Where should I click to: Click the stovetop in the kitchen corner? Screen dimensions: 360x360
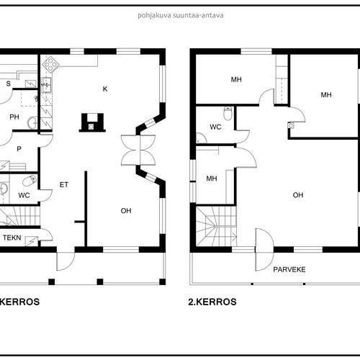pos(50,64)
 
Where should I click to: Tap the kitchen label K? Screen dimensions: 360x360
pos(105,89)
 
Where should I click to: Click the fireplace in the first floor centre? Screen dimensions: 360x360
pos(92,122)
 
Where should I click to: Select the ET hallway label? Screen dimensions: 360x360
pos(64,184)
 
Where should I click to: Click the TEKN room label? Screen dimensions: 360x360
pos(12,238)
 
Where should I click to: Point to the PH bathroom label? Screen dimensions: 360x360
pos(14,117)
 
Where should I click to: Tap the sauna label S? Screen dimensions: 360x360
pos(9,84)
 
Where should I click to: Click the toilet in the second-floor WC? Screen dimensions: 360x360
pos(228,114)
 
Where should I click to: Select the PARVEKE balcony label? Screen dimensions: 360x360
pos(289,269)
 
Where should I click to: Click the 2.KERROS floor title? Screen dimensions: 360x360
pos(212,302)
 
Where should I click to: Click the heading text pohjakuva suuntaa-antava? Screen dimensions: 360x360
pos(181,16)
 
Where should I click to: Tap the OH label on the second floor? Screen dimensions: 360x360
pos(298,195)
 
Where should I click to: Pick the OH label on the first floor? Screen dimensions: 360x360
pos(126,211)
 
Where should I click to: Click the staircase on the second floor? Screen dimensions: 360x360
pos(216,226)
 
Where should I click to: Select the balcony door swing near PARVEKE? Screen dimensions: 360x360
pos(264,249)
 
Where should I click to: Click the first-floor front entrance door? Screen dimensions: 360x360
pos(66,261)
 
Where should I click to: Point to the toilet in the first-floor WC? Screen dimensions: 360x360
pos(30,180)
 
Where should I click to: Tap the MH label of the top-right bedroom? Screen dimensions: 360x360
pos(326,95)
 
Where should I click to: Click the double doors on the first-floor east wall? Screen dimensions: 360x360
pos(138,150)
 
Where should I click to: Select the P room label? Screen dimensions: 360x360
pos(19,149)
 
